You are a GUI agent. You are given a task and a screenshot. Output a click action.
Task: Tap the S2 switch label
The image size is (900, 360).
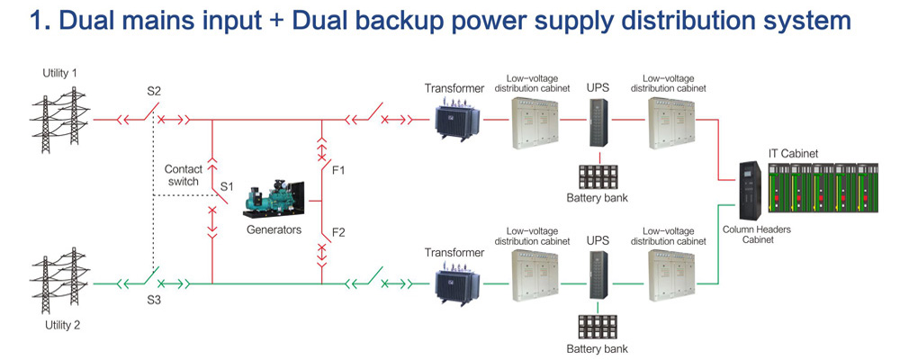(155, 91)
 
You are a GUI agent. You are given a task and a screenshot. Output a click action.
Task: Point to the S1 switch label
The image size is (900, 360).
(228, 186)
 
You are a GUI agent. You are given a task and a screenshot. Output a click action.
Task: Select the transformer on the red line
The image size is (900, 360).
(455, 118)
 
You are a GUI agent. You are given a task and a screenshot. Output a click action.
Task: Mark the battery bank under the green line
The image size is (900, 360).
(598, 327)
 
